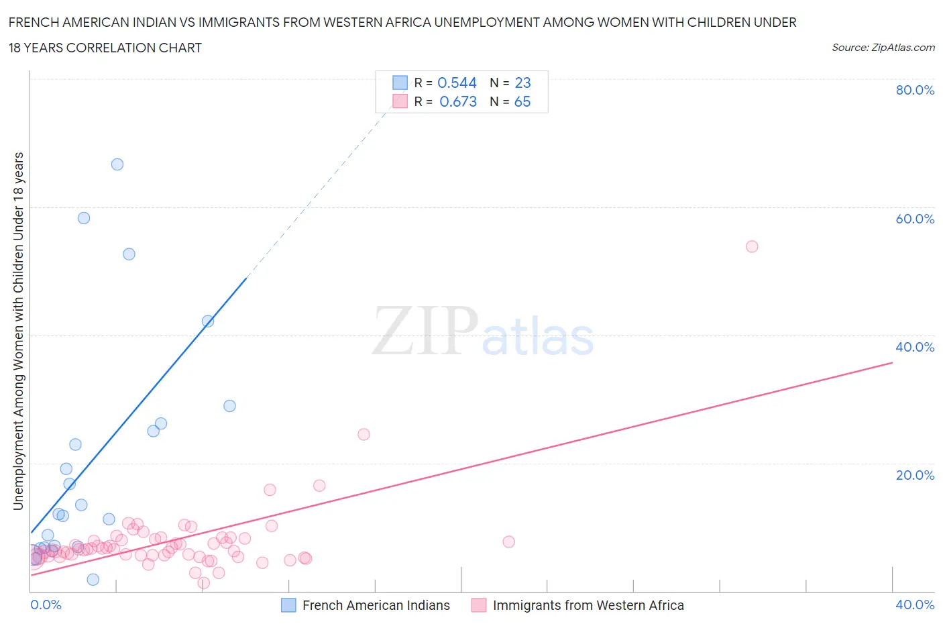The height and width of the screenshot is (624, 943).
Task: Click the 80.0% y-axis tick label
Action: pos(915,90)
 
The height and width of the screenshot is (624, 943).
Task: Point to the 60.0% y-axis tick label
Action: pos(915,219)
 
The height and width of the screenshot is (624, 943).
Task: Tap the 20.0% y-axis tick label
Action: pos(915,475)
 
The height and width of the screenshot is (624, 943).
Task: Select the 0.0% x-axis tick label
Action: pos(46,605)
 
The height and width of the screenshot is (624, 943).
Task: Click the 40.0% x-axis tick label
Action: pos(915,605)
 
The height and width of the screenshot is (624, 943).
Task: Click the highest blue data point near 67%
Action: pos(117,164)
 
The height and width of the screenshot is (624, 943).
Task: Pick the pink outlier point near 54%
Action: pos(752,246)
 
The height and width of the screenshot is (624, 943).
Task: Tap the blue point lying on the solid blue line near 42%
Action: pos(208,321)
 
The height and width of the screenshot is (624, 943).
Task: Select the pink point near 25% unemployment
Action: pos(364,434)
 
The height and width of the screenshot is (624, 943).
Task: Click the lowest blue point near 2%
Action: pos(93,580)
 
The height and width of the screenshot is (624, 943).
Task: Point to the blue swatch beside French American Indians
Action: pos(288,605)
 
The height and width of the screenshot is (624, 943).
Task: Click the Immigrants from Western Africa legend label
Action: pos(588,605)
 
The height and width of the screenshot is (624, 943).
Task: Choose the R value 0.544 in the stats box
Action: pos(457,83)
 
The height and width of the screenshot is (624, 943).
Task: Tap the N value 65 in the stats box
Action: pos(522,101)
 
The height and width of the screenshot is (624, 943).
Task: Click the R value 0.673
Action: pos(458,101)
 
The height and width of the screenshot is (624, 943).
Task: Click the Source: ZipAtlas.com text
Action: pos(883,47)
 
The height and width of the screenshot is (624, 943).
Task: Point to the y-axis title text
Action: pos(19,331)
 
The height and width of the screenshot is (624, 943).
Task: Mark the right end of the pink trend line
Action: pos(892,362)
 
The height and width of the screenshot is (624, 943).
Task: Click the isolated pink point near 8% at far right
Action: pos(508,541)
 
